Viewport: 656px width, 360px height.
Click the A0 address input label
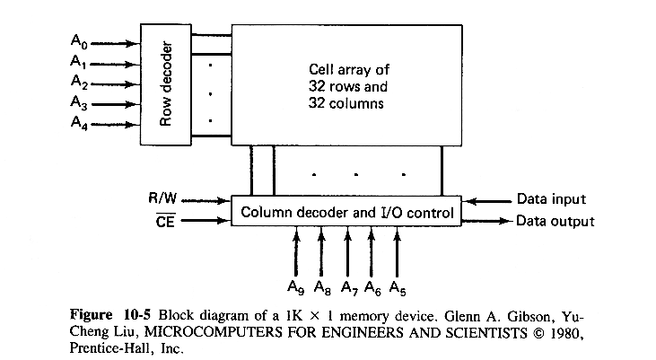(x=78, y=40)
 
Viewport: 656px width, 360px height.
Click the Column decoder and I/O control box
(x=346, y=213)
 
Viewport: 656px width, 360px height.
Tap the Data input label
(x=551, y=199)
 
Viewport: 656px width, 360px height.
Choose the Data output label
(x=555, y=221)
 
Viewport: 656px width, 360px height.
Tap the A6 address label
(x=371, y=287)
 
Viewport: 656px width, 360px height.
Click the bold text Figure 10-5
(x=114, y=316)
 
